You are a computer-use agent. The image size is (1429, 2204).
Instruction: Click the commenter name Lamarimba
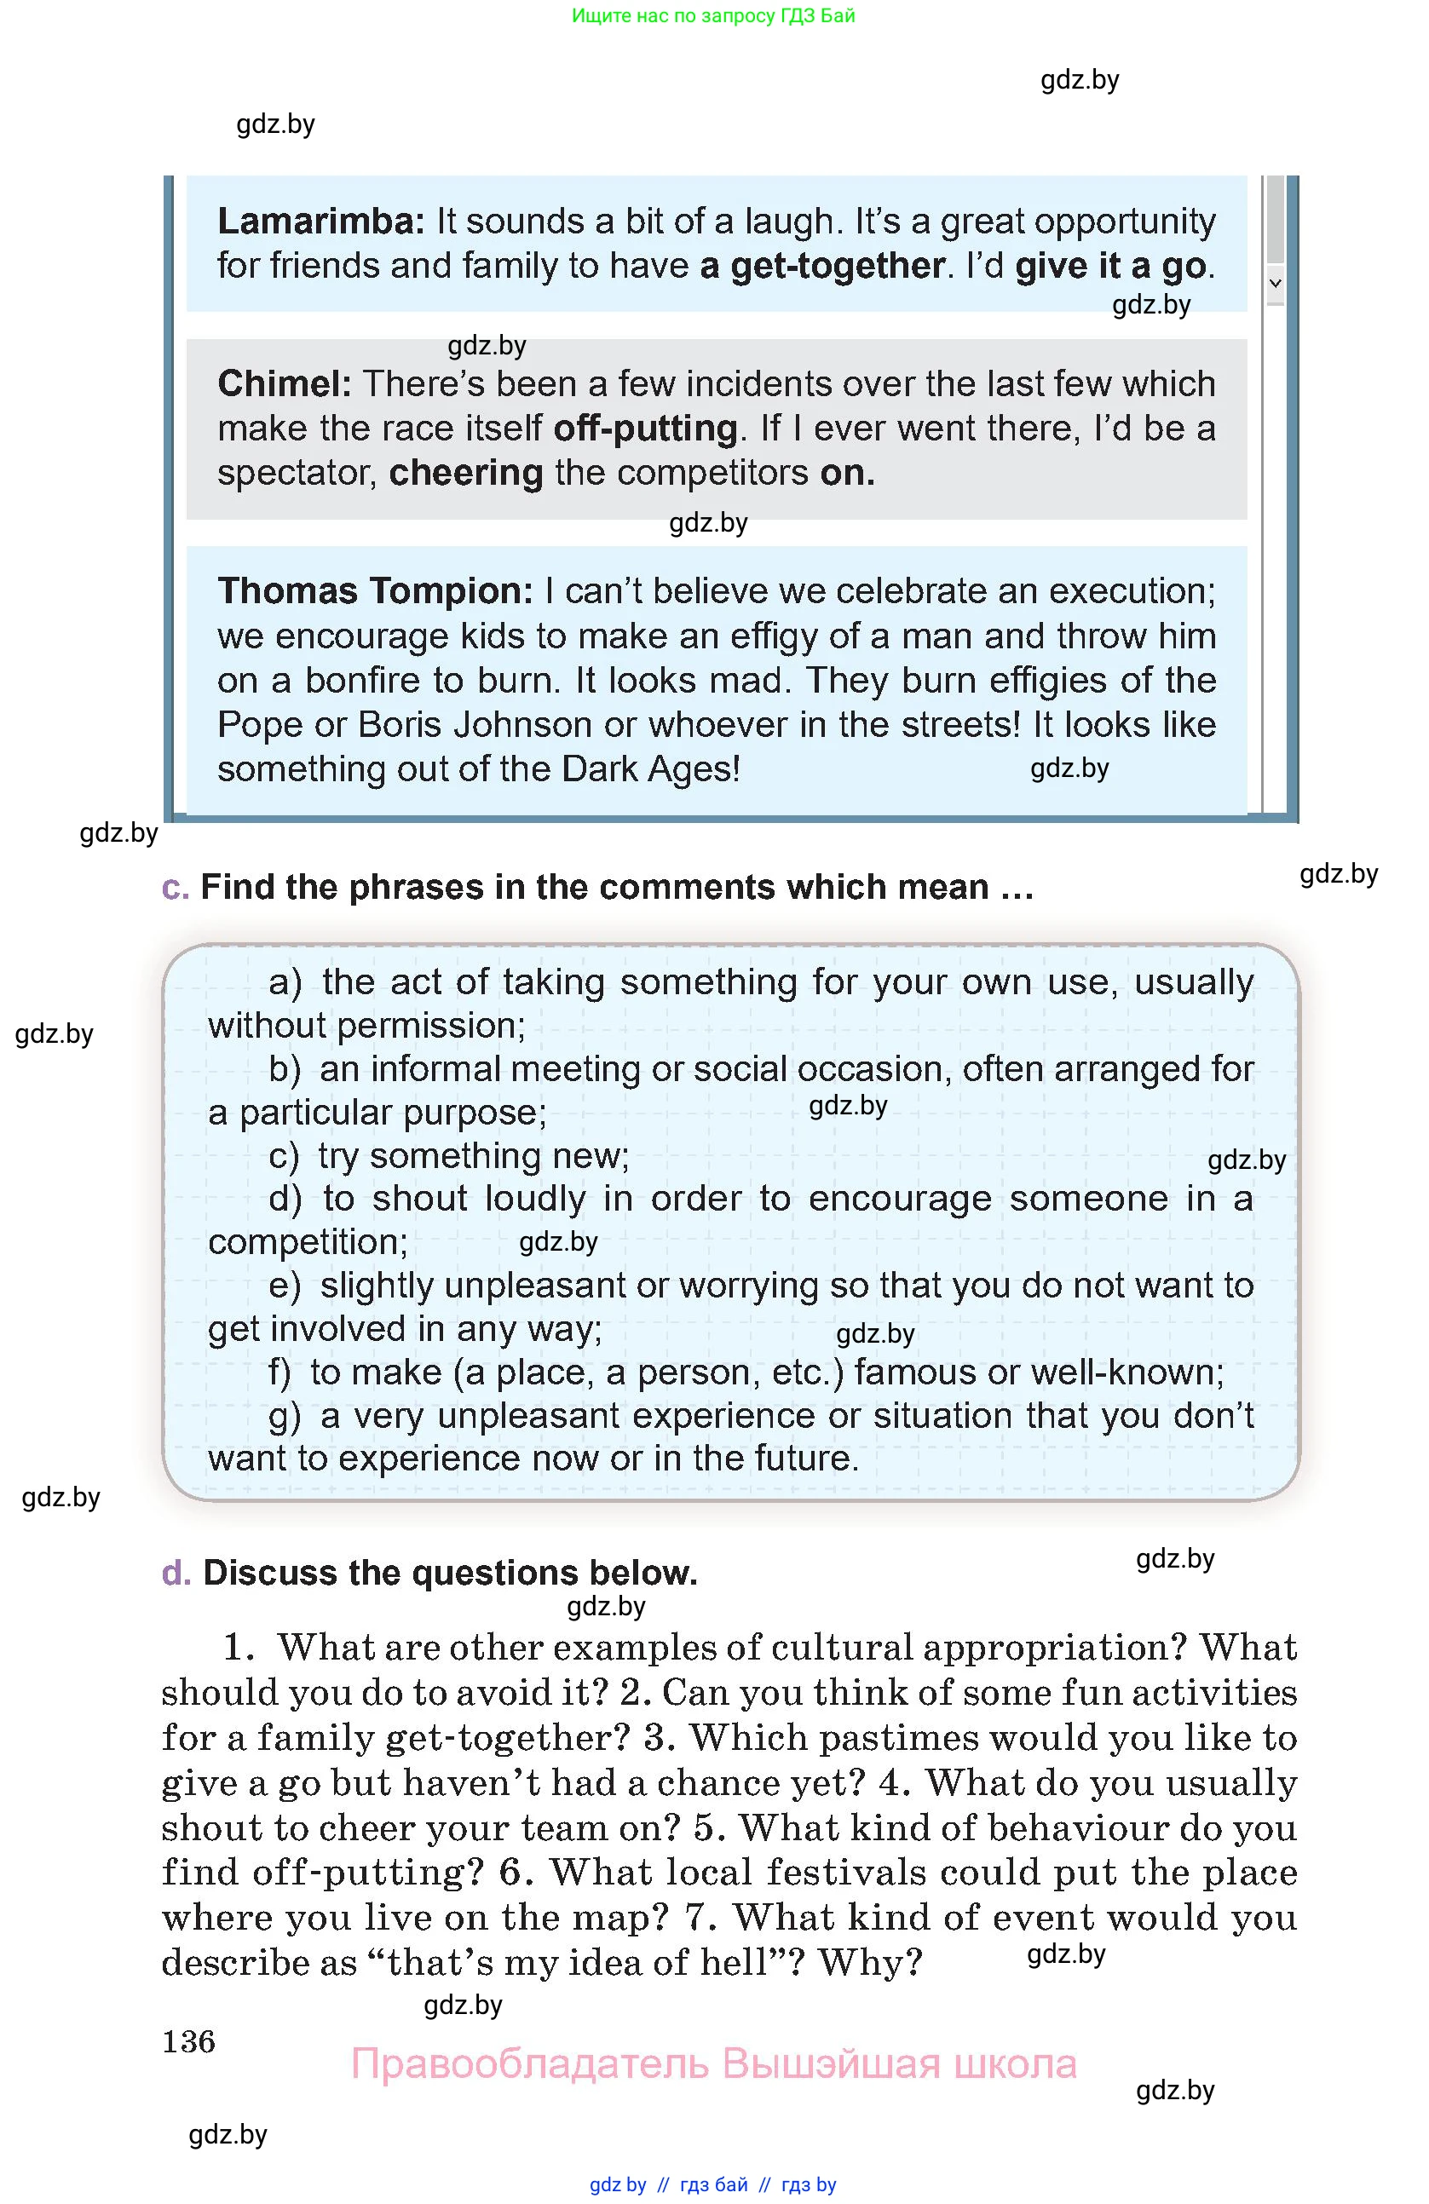click(x=320, y=222)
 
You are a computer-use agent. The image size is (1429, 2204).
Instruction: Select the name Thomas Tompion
click(x=375, y=590)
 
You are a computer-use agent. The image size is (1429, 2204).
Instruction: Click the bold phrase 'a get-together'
click(x=822, y=266)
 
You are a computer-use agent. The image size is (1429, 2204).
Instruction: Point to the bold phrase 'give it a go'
click(x=1110, y=266)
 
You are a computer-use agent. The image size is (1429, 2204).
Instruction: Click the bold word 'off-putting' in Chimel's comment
click(x=644, y=428)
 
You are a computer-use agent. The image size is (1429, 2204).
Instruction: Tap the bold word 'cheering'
click(x=466, y=472)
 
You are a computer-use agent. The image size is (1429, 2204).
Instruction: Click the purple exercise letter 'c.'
click(x=175, y=887)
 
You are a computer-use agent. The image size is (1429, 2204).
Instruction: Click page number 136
click(x=189, y=2041)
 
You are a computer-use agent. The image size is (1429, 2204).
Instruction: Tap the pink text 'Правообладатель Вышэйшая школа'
click(x=713, y=2064)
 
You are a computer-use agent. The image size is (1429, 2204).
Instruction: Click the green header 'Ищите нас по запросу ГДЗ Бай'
click(x=713, y=15)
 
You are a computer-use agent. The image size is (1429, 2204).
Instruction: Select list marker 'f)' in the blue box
click(x=279, y=1372)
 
